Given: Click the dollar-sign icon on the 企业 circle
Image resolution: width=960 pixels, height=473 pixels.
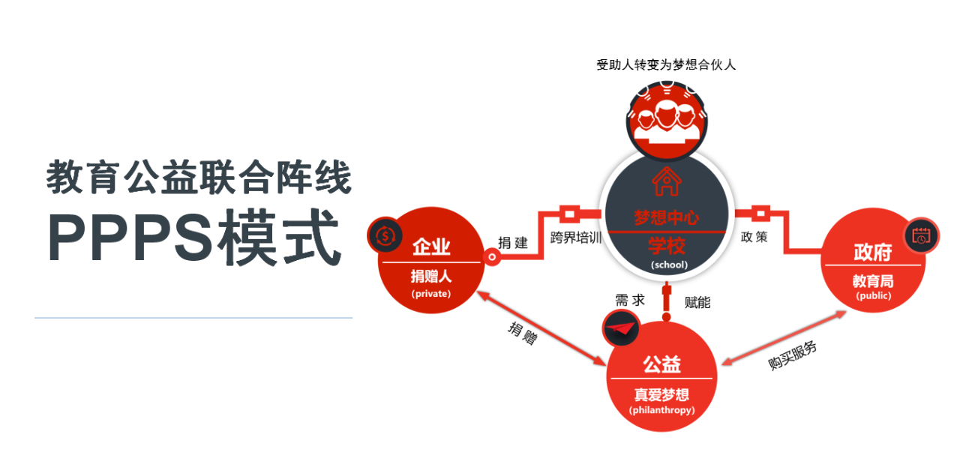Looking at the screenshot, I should pos(385,235).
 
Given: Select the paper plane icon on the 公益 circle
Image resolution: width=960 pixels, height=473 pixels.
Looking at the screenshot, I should pos(620,328).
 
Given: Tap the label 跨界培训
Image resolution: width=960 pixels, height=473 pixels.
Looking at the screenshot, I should pos(576,238).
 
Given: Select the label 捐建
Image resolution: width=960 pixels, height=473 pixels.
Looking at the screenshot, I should pos(514,243).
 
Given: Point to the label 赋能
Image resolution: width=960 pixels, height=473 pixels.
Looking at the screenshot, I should pos(697,302).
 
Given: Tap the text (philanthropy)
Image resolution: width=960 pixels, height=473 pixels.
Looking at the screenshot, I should pos(661,411).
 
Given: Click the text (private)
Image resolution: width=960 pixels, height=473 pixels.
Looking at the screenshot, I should pos(430,294).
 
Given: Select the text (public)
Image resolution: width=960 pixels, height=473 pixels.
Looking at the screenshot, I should pos(873,296).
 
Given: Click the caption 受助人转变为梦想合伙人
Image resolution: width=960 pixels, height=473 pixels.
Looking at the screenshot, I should pos(666,65).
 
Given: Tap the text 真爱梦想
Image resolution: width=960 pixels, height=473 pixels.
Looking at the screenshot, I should pos(661,394).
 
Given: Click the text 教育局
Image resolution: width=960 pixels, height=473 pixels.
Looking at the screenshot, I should pos(873,281).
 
